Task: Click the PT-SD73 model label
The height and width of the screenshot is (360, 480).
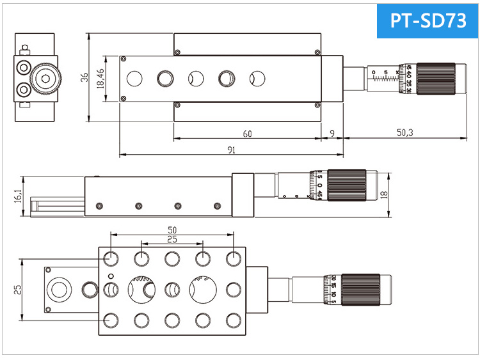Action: [428, 21]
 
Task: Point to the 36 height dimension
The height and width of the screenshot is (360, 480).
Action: [84, 77]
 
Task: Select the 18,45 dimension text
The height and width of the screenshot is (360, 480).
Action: [100, 79]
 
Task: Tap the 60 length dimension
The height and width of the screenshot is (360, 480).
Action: [246, 134]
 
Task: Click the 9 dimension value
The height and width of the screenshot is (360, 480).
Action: [331, 134]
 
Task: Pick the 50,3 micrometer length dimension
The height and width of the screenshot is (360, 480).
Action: [404, 133]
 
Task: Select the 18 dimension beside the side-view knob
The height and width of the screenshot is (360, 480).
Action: [383, 195]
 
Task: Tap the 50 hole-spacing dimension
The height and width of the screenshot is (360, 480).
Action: [172, 229]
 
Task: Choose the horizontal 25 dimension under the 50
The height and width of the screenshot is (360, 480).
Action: [172, 239]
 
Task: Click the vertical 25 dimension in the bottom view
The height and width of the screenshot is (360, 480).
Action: [17, 290]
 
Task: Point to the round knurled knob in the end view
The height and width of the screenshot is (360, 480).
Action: [45, 79]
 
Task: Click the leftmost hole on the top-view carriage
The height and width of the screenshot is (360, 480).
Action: [134, 79]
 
